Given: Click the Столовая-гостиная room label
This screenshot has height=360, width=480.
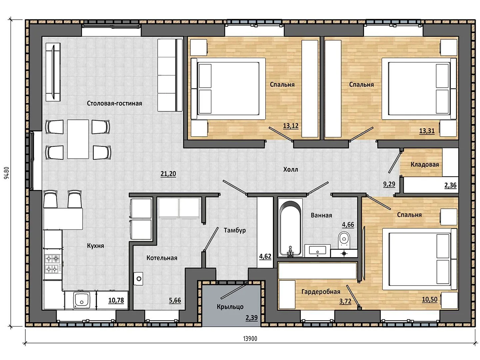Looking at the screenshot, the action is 114,103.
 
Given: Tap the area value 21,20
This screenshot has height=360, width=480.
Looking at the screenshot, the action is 168,174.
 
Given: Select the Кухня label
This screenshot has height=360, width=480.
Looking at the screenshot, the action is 95,246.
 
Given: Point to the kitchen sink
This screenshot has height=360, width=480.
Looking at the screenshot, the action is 82,300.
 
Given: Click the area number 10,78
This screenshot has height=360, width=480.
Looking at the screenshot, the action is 116,300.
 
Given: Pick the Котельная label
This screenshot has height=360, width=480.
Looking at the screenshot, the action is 162,258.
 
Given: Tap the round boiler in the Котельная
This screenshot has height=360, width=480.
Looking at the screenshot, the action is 139,279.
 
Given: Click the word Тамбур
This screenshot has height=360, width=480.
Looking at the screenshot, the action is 235,230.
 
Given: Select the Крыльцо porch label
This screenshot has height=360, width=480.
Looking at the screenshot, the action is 230,307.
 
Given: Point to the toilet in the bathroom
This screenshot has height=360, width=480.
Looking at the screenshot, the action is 344,240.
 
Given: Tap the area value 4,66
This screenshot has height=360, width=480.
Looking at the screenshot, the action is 348,224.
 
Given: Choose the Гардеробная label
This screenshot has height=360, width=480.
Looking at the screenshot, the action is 321,292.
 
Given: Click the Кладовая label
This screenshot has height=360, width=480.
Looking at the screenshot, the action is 425,164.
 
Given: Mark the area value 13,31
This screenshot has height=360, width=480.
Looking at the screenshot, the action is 427,131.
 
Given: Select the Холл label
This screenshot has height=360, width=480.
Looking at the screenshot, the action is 291,169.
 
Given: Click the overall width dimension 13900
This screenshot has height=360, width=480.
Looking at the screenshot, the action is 250,339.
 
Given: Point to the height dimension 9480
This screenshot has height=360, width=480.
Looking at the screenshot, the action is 7,173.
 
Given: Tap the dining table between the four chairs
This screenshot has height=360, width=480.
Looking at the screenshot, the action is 78,139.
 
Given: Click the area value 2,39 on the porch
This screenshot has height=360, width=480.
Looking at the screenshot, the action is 251,318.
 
